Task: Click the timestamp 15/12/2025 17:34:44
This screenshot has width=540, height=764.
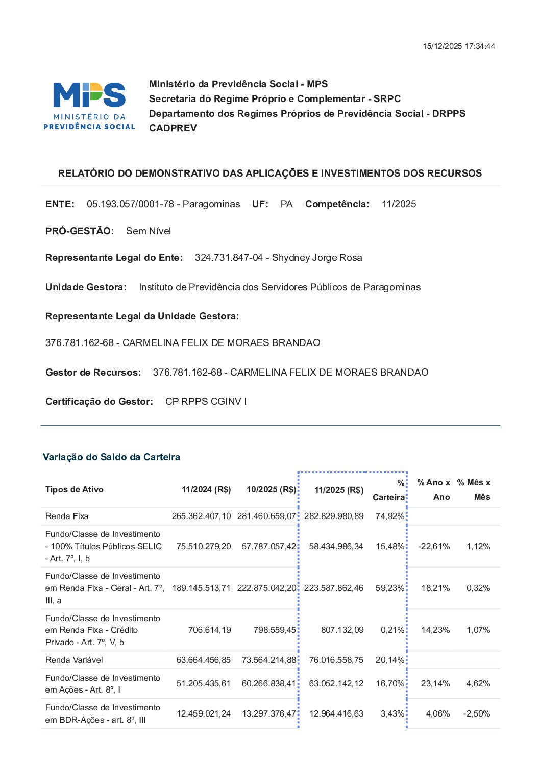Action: point(458,46)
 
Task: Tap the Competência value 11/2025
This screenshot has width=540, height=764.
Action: point(399,204)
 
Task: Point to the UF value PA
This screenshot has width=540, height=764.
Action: point(286,204)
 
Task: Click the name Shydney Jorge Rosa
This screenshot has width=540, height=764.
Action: point(317,258)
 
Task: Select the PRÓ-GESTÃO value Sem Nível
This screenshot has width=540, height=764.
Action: point(149,231)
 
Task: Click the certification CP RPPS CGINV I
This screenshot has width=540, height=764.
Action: point(206,402)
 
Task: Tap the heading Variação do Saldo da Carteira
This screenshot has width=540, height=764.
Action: point(111,457)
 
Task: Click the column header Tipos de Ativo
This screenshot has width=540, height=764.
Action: point(75,490)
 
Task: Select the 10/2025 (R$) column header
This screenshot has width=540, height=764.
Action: point(271,490)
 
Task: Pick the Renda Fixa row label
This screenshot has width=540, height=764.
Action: point(67,516)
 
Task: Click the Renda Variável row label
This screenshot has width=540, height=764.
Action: point(74,660)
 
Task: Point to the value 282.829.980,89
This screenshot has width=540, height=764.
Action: point(334,516)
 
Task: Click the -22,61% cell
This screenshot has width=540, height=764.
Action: point(434,547)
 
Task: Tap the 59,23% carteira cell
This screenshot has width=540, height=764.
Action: point(389,588)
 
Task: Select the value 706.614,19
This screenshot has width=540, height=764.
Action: point(209,630)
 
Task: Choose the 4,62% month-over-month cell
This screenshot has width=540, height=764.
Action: point(478,684)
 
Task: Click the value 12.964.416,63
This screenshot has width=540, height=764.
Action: point(336,714)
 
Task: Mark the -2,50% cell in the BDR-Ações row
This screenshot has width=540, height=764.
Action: point(476,714)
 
